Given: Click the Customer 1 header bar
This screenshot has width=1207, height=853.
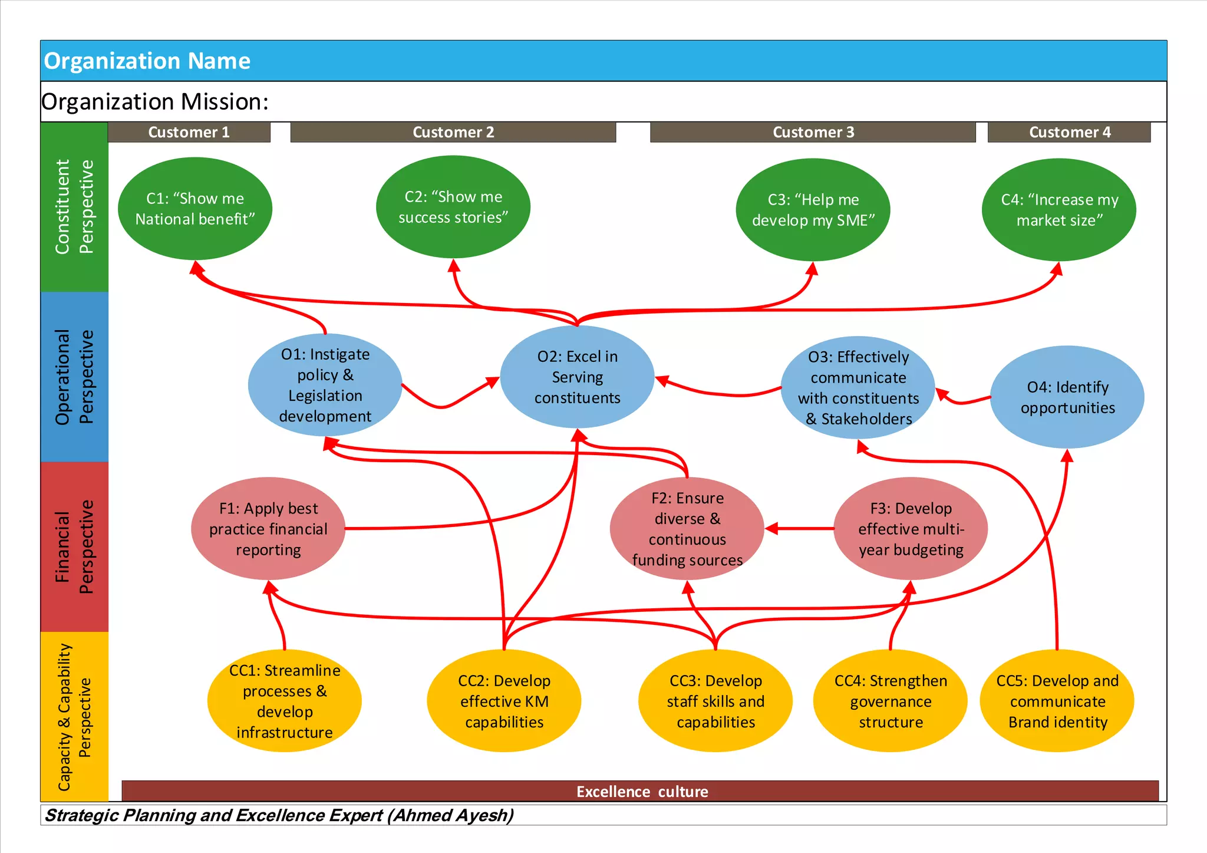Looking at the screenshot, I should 189,132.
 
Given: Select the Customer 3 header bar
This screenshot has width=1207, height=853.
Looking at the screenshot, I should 813,132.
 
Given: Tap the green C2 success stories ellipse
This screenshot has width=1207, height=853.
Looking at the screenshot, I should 453,207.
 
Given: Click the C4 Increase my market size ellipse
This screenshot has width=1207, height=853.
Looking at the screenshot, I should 1058,209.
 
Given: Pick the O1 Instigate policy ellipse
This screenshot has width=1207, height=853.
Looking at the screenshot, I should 325,385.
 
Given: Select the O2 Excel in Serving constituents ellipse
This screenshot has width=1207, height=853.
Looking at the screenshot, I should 577,377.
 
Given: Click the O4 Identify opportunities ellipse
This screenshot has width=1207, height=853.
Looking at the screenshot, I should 1067,397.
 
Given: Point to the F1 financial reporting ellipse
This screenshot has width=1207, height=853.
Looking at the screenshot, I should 268,529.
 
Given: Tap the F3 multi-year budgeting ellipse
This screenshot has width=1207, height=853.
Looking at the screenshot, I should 911,529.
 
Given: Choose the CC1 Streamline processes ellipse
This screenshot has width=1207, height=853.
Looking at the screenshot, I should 284,701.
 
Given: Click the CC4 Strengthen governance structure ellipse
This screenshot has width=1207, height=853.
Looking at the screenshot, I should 890,701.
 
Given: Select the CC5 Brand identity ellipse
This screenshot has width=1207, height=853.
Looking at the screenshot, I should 1057,701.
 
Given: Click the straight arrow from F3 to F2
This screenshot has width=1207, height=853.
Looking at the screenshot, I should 802,529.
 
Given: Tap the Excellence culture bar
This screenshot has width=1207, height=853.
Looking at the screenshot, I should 641,791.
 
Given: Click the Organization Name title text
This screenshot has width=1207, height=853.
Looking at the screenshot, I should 147,61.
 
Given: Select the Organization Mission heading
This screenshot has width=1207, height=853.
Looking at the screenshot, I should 155,102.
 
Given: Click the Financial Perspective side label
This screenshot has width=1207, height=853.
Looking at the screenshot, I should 74,546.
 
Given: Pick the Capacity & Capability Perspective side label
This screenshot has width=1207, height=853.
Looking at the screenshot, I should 74,716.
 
